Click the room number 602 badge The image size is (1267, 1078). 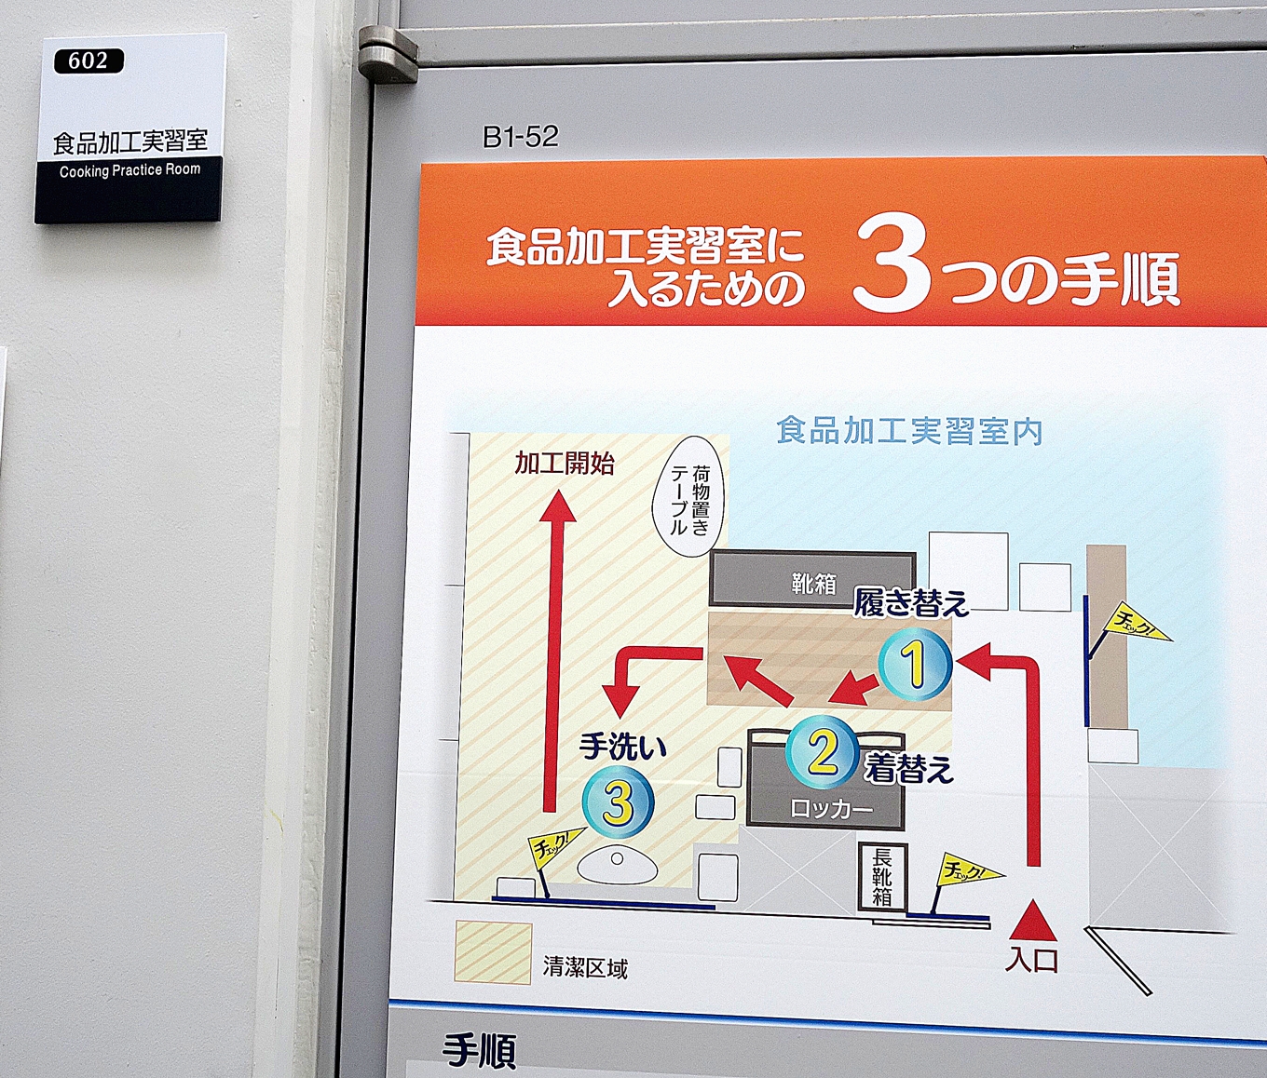click(x=89, y=61)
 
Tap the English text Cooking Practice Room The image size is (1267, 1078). click(x=129, y=170)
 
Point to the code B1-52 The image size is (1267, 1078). click(x=521, y=137)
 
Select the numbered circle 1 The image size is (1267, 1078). click(x=915, y=665)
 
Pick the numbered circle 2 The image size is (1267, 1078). click(x=822, y=751)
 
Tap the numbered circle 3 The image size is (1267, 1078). click(x=618, y=802)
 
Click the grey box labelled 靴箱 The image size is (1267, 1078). click(x=812, y=579)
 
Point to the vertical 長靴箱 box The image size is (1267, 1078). click(x=881, y=877)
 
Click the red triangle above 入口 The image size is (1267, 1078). click(x=1033, y=920)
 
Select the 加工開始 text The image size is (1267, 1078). click(x=564, y=464)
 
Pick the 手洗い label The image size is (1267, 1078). click(x=622, y=748)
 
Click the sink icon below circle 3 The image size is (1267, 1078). click(x=618, y=866)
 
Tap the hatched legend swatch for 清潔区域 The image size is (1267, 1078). click(x=493, y=953)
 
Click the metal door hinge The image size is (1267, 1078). click(x=388, y=54)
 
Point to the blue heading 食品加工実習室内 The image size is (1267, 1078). click(x=909, y=431)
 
